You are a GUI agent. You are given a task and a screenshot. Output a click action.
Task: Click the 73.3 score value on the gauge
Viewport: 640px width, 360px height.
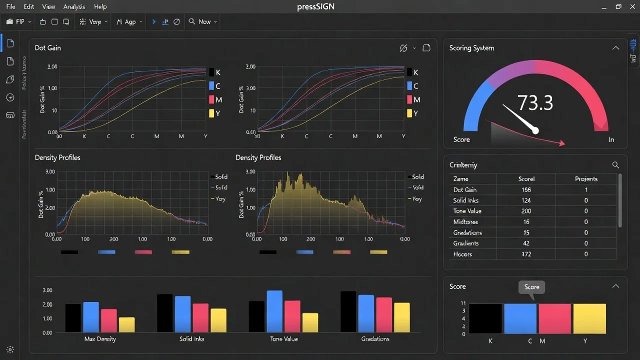pos(535,102)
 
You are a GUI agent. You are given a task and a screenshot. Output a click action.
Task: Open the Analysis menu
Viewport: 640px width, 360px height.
pos(74,7)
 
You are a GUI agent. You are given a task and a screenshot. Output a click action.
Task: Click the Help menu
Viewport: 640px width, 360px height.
pos(100,7)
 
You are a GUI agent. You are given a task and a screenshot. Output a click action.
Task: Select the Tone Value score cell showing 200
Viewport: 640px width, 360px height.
pos(526,211)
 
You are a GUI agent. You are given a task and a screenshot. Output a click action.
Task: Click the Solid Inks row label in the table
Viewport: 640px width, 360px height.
pos(465,200)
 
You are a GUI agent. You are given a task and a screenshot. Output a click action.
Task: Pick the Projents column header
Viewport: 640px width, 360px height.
pos(586,179)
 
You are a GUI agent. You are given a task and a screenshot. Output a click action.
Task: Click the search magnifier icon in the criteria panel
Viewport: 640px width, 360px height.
pos(615,165)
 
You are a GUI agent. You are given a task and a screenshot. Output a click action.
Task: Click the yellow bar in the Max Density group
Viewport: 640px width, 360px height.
pos(126,324)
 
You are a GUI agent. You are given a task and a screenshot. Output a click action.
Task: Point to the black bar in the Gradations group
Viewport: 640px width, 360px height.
pos(348,312)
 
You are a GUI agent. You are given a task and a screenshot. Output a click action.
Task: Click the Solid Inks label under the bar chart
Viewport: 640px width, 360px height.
pos(191,339)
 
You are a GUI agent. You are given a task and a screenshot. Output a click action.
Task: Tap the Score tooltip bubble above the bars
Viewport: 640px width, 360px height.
pos(531,287)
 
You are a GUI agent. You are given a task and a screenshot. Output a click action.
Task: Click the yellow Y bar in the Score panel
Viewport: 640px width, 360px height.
pos(589,318)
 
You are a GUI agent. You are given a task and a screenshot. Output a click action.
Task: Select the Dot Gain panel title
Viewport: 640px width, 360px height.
pos(48,48)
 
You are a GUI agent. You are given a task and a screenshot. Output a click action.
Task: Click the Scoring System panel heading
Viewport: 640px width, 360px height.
pos(471,48)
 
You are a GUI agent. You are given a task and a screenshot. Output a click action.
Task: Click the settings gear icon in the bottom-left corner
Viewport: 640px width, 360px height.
pos(10,349)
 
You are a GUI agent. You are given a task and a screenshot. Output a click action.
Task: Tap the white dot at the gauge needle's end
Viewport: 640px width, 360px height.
pos(535,130)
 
